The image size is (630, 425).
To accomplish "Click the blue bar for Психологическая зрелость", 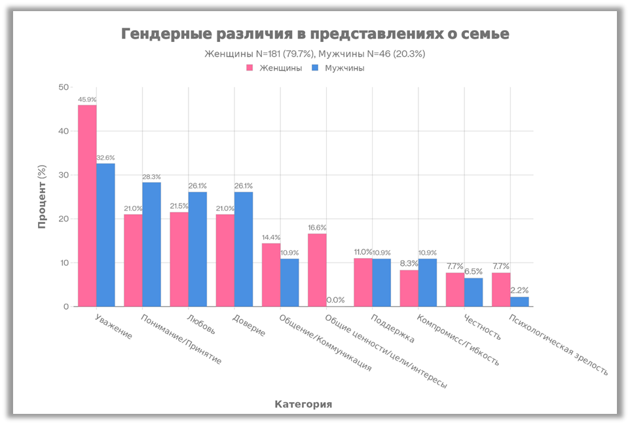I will [x=519, y=302].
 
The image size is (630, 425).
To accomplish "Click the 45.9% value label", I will [x=87, y=100].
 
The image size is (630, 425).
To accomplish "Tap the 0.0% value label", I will [x=335, y=300].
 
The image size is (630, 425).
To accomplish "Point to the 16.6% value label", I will [x=317, y=228].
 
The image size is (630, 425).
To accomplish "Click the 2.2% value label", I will [x=519, y=290].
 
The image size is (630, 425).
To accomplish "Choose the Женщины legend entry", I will [x=274, y=67].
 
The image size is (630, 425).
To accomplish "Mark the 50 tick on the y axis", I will [x=64, y=87].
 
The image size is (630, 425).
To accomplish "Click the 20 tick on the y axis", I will [x=64, y=219].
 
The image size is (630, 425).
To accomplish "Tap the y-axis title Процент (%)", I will [x=42, y=196].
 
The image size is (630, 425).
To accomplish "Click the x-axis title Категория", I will [x=303, y=404].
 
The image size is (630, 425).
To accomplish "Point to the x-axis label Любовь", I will [x=199, y=324].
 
